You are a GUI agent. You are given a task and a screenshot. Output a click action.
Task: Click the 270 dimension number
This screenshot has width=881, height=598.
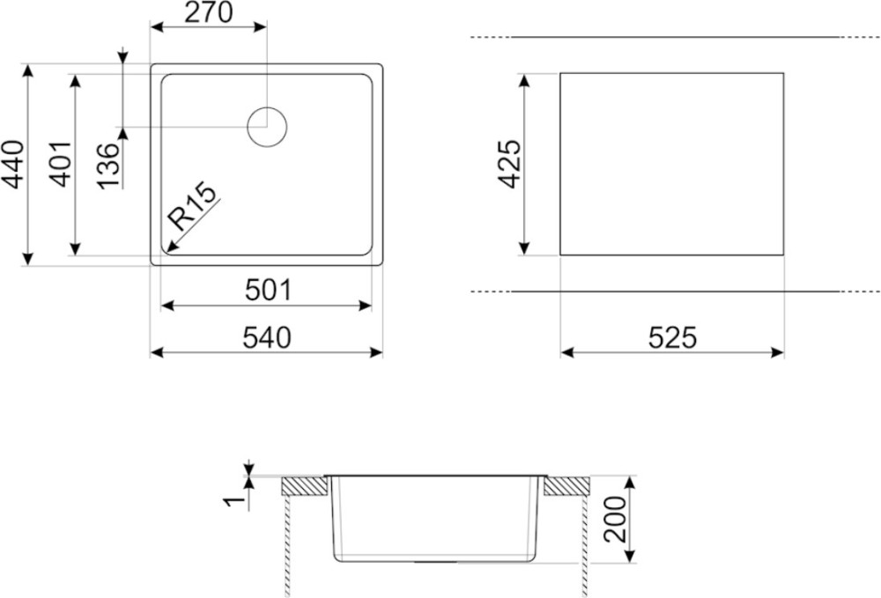coord(209,12)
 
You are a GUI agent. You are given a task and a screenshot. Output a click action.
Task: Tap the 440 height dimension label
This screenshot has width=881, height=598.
coord(13,165)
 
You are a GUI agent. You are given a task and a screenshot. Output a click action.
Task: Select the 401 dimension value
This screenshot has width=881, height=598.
coord(60,164)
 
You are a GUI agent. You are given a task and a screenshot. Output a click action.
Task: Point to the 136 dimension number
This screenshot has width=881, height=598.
coord(108,166)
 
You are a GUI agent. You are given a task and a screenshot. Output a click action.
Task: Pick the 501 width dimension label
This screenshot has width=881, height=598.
coord(269,291)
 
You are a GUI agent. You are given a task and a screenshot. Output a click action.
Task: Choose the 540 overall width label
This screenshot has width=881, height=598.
coord(267,338)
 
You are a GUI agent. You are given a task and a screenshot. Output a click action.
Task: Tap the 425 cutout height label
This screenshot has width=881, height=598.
coord(510,164)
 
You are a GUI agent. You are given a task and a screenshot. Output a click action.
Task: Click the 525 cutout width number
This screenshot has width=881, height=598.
coord(672,338)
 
